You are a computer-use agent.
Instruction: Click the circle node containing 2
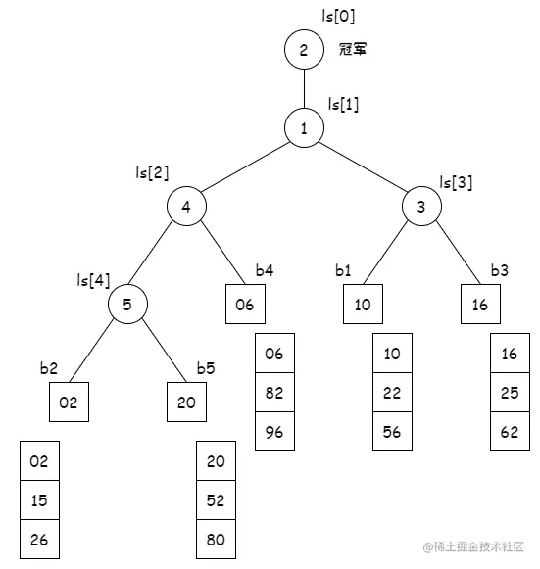pos(304,50)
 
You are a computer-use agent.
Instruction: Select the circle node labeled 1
pos(304,128)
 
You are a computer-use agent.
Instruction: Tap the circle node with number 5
pos(127,305)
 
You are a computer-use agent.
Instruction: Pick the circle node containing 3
pos(421,207)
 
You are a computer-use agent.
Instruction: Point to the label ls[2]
pos(152,172)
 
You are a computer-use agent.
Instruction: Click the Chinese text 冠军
pos(353,50)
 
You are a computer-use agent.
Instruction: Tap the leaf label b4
pos(266,270)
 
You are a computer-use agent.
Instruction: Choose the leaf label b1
pos(342,270)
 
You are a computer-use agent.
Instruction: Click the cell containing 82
pos(274,393)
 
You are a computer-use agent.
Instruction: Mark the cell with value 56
pos(392,432)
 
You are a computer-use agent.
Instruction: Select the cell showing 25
pos(509,393)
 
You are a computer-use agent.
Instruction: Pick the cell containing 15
pos(39,500)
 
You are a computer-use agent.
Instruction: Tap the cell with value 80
pos(216,539)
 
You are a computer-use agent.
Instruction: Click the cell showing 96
pos(274,432)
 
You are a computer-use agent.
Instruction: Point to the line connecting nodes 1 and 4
pos(245,167)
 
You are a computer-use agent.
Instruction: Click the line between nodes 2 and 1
pos(304,89)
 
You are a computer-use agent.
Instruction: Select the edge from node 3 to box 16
pos(453,251)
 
